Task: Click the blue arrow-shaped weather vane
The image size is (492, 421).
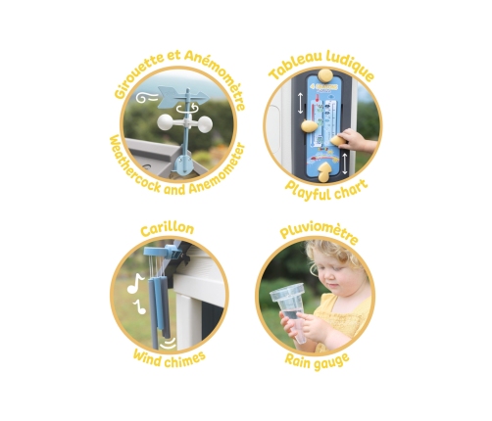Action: click(x=182, y=97)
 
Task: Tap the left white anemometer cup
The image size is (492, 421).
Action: click(x=168, y=122)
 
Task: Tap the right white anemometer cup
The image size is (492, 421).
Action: click(x=203, y=123)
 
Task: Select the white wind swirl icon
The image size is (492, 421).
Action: click(x=146, y=97)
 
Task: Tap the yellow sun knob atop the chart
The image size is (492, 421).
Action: click(x=324, y=76)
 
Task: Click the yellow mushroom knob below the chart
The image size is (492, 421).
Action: click(x=326, y=172)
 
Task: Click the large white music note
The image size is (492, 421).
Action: click(x=135, y=284)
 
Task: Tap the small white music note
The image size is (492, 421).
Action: click(x=140, y=307)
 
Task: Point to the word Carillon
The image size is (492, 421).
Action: click(x=168, y=228)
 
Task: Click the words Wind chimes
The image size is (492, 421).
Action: click(x=170, y=359)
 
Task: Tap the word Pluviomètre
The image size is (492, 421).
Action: click(x=319, y=232)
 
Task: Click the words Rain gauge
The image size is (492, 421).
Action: click(x=317, y=360)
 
